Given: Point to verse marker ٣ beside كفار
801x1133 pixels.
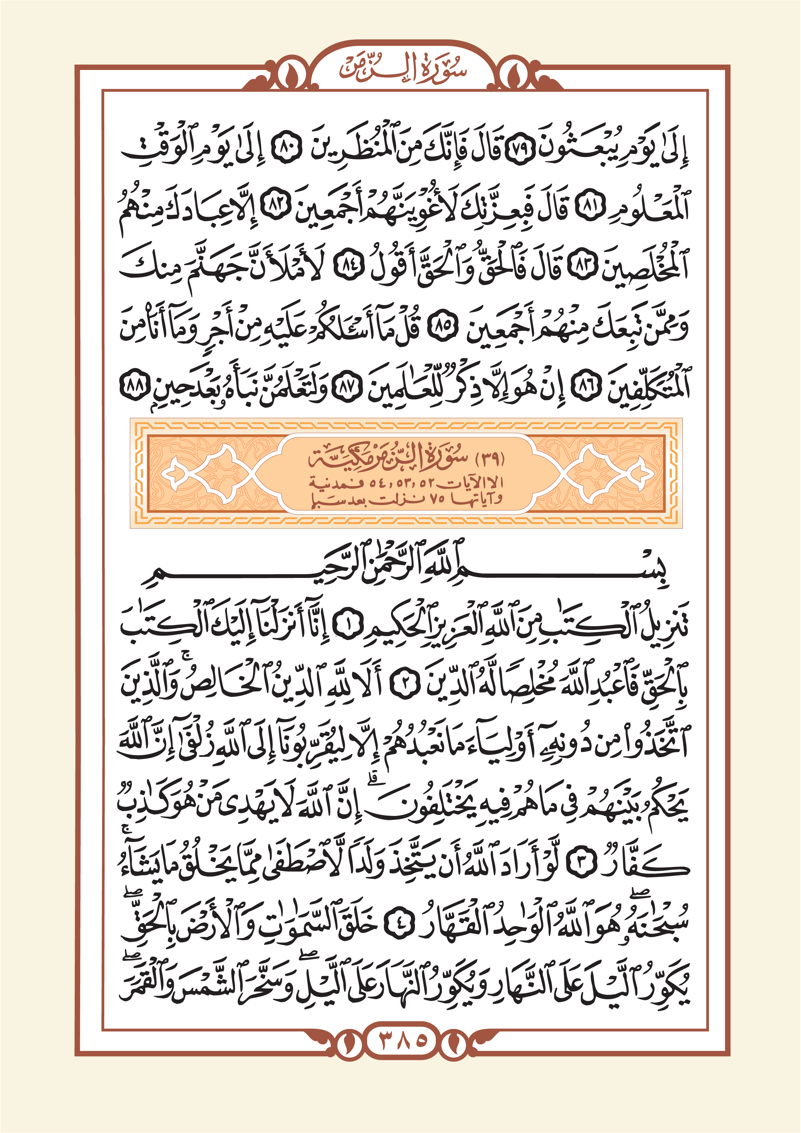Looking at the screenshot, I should coord(582,866).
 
